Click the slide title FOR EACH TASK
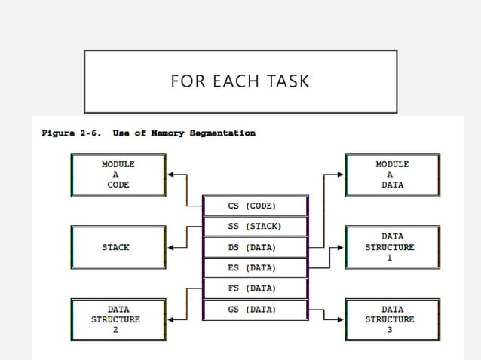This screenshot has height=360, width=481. coord(240,81)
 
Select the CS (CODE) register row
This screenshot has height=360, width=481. coord(255,206)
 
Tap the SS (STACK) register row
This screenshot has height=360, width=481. coord(255,226)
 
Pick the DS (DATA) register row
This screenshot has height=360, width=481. coord(255,247)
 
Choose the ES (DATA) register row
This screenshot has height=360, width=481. coord(255,267)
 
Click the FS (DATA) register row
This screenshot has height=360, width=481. coord(255,288)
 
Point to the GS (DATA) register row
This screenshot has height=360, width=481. coord(255,309)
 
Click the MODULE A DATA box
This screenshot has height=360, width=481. coord(392,174)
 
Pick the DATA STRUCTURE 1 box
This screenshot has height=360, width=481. coord(392,247)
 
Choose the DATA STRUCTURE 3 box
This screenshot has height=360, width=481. coord(392,319)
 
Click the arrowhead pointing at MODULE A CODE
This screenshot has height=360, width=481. coord(170,175)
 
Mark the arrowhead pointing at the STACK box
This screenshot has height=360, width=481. coord(170,247)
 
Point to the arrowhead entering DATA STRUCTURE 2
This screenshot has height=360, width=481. coord(170,319)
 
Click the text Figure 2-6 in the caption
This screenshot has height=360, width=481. coord(72,133)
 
